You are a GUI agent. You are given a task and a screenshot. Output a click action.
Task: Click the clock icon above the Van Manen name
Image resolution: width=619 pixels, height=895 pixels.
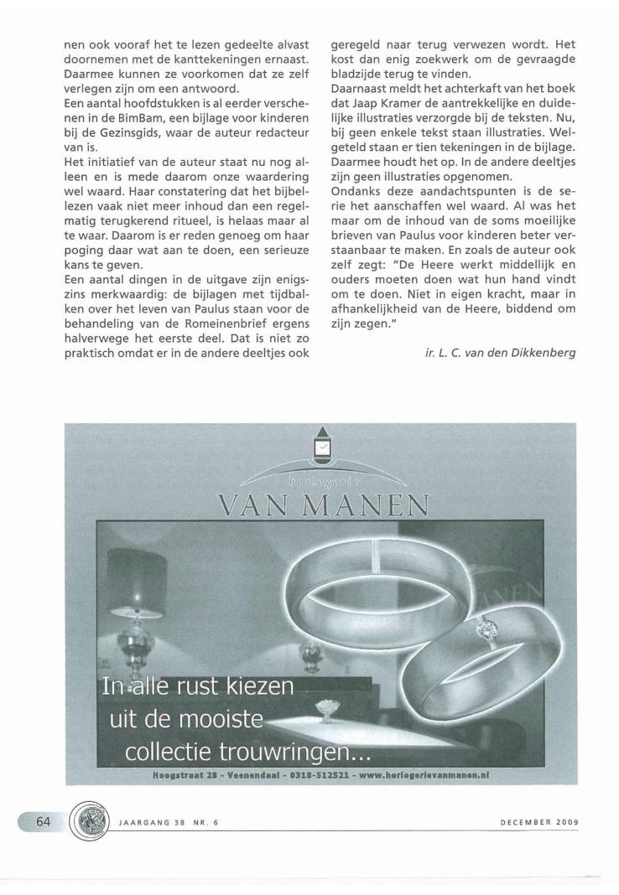click(321, 450)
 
